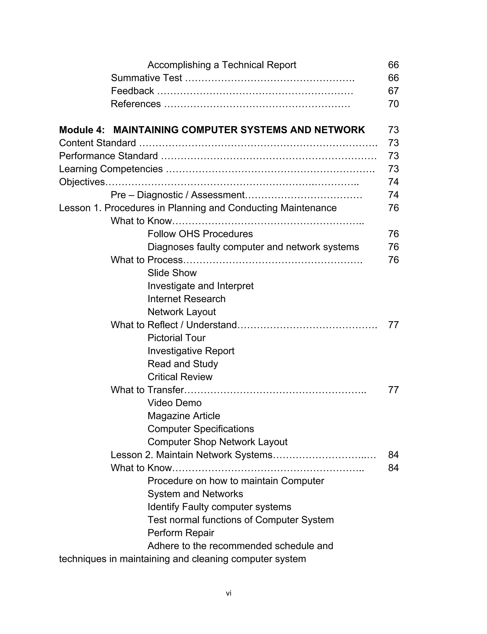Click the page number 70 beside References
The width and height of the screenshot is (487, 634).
pyautogui.click(x=393, y=104)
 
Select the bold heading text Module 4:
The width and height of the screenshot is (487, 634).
pyautogui.click(x=82, y=130)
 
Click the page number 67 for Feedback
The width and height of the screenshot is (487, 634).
pyautogui.click(x=393, y=91)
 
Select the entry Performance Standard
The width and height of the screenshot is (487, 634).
pyautogui.click(x=108, y=156)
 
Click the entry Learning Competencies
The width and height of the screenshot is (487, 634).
pyautogui.click(x=111, y=169)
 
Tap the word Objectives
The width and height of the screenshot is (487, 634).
pyautogui.click(x=82, y=182)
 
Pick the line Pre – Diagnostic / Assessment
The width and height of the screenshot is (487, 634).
pyautogui.click(x=177, y=195)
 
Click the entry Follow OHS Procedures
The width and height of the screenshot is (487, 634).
pyautogui.click(x=200, y=234)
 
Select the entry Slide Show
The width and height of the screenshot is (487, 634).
pyautogui.click(x=172, y=273)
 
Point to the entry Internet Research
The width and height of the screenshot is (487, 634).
pyautogui.click(x=186, y=299)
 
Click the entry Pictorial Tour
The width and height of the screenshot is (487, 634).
pyautogui.click(x=176, y=338)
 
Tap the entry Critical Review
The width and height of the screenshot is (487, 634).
pyautogui.click(x=180, y=377)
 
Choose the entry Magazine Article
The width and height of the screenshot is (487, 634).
pyautogui.click(x=184, y=416)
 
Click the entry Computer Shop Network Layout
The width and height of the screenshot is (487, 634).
pyautogui.click(x=217, y=442)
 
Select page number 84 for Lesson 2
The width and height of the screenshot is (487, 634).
pyautogui.click(x=393, y=455)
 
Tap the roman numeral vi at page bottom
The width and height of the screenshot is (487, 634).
pyautogui.click(x=229, y=593)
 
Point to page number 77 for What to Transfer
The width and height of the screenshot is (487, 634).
pyautogui.click(x=393, y=390)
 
